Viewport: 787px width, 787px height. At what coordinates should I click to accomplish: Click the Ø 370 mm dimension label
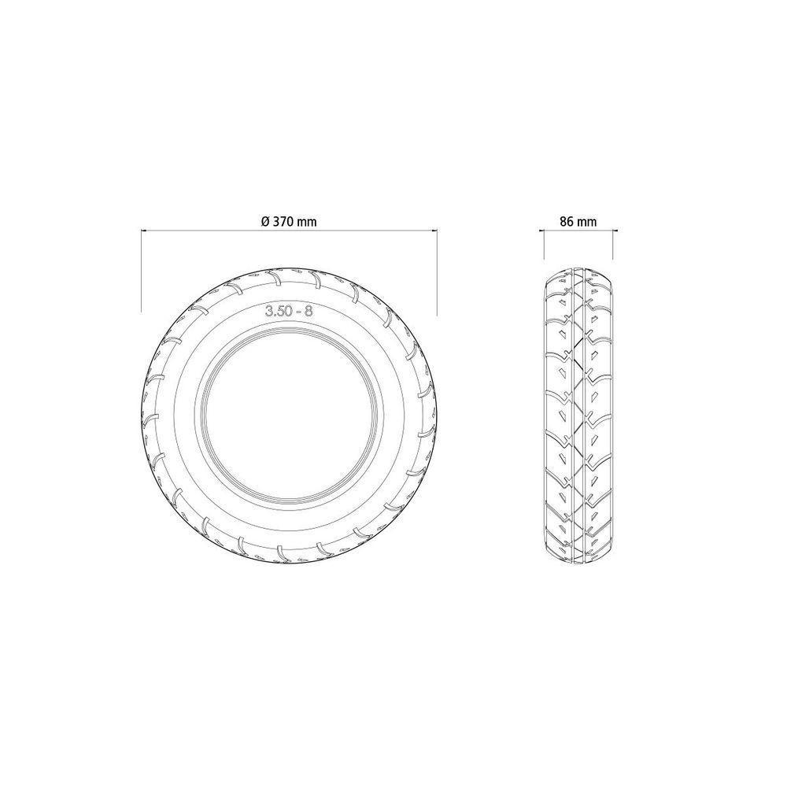coord(289,221)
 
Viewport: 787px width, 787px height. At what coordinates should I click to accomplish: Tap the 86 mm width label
coord(578,221)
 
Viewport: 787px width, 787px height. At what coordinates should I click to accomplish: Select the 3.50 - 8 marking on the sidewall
coord(289,311)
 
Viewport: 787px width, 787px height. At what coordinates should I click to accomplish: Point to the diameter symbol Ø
coord(266,221)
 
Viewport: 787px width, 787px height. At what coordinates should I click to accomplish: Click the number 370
coord(284,221)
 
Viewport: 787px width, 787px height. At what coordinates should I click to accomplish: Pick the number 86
coord(567,221)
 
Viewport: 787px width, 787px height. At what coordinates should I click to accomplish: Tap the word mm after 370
coord(307,223)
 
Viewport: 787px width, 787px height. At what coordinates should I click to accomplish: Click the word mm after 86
coord(587,223)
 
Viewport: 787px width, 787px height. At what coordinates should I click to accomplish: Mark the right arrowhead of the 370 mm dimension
coord(434,231)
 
